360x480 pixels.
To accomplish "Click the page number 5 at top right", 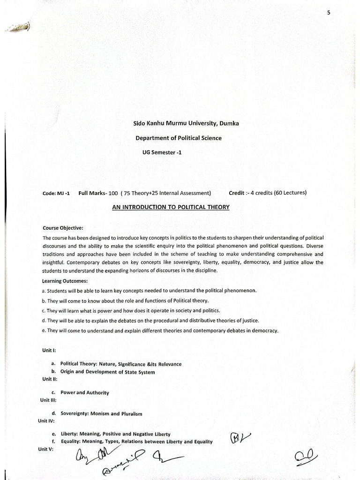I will coord(329,13).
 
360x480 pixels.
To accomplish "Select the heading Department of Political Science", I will coord(179,138).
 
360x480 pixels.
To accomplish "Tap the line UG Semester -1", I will coord(162,152).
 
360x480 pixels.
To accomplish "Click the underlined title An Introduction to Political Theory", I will coord(171,207).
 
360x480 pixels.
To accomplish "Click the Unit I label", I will coord(49,350).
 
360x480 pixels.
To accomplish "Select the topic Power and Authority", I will coord(85,392).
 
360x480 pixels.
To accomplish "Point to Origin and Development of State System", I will coord(107,372).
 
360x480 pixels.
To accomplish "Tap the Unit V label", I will coord(47,449).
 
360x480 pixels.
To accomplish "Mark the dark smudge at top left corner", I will coord(18,29).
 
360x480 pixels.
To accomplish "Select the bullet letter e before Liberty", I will coord(54,434).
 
